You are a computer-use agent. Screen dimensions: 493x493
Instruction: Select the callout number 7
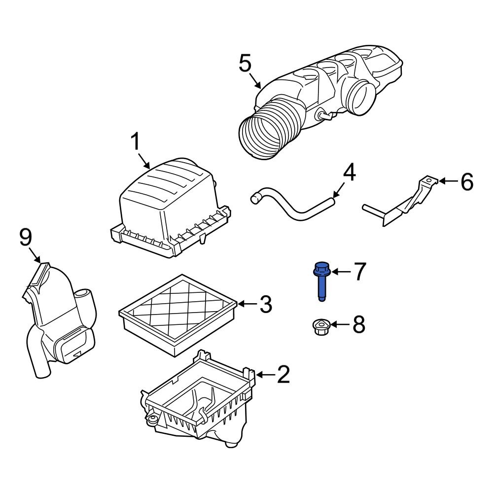(360, 271)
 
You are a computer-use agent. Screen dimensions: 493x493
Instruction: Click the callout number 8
(358, 325)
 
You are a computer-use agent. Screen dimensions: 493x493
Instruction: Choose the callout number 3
(265, 305)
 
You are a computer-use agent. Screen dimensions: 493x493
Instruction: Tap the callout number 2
(283, 375)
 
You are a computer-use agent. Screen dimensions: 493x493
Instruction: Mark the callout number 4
(349, 173)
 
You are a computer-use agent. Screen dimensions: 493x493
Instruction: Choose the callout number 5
(245, 64)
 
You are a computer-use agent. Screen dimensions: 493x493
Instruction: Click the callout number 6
(466, 182)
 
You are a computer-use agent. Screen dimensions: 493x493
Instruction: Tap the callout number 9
(26, 238)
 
